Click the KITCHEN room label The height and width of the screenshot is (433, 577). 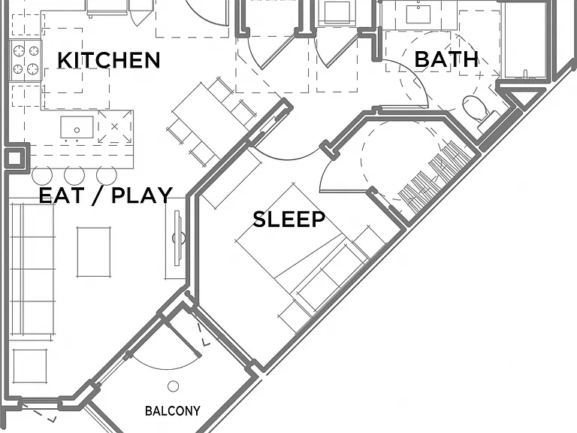point(108,60)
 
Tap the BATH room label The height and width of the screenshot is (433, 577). point(446,59)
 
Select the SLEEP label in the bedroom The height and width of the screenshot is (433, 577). point(288,219)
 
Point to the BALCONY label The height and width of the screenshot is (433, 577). point(173,410)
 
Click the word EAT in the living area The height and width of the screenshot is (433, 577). point(62,195)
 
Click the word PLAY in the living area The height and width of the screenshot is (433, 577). point(142,195)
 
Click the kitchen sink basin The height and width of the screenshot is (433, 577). point(77,127)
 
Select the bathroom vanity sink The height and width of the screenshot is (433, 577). point(418,14)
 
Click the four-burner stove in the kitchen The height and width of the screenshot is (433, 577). point(26,60)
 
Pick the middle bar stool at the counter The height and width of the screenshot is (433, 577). point(74,174)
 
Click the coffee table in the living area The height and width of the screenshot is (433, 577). point(94,252)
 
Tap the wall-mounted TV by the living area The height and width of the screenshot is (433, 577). point(178,238)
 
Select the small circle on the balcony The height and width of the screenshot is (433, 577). point(173,386)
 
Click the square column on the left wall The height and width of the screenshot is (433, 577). point(15,159)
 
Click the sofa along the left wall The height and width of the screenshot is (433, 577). point(32,270)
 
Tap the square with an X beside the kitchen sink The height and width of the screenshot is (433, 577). point(114,126)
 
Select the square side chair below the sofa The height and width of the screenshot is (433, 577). point(29,365)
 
